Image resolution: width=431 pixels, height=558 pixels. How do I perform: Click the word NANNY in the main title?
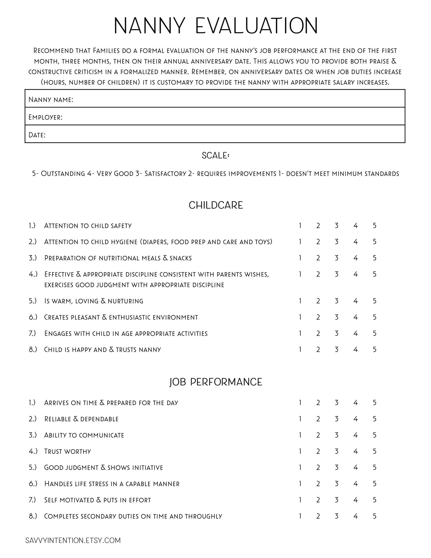149,26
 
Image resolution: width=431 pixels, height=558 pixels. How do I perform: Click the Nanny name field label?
51,99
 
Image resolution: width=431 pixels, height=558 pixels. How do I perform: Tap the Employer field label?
45,117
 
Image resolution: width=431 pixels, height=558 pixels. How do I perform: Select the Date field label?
37,135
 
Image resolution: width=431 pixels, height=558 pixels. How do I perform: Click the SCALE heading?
215,155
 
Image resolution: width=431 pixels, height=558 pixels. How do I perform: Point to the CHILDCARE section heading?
215,205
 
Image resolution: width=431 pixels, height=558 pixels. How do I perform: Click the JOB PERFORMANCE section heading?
215,382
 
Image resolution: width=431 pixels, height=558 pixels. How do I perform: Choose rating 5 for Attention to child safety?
374,225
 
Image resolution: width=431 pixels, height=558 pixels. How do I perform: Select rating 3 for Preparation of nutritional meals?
336,258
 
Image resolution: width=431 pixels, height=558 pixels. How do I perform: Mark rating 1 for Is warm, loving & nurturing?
300,301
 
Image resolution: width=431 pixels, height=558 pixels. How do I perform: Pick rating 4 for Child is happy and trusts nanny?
355,350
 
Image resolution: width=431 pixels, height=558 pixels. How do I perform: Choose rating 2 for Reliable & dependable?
318,419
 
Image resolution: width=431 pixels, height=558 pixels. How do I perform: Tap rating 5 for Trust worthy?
374,451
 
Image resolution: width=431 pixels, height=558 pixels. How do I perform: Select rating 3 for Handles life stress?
336,484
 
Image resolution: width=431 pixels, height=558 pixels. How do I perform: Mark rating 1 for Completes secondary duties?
300,516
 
